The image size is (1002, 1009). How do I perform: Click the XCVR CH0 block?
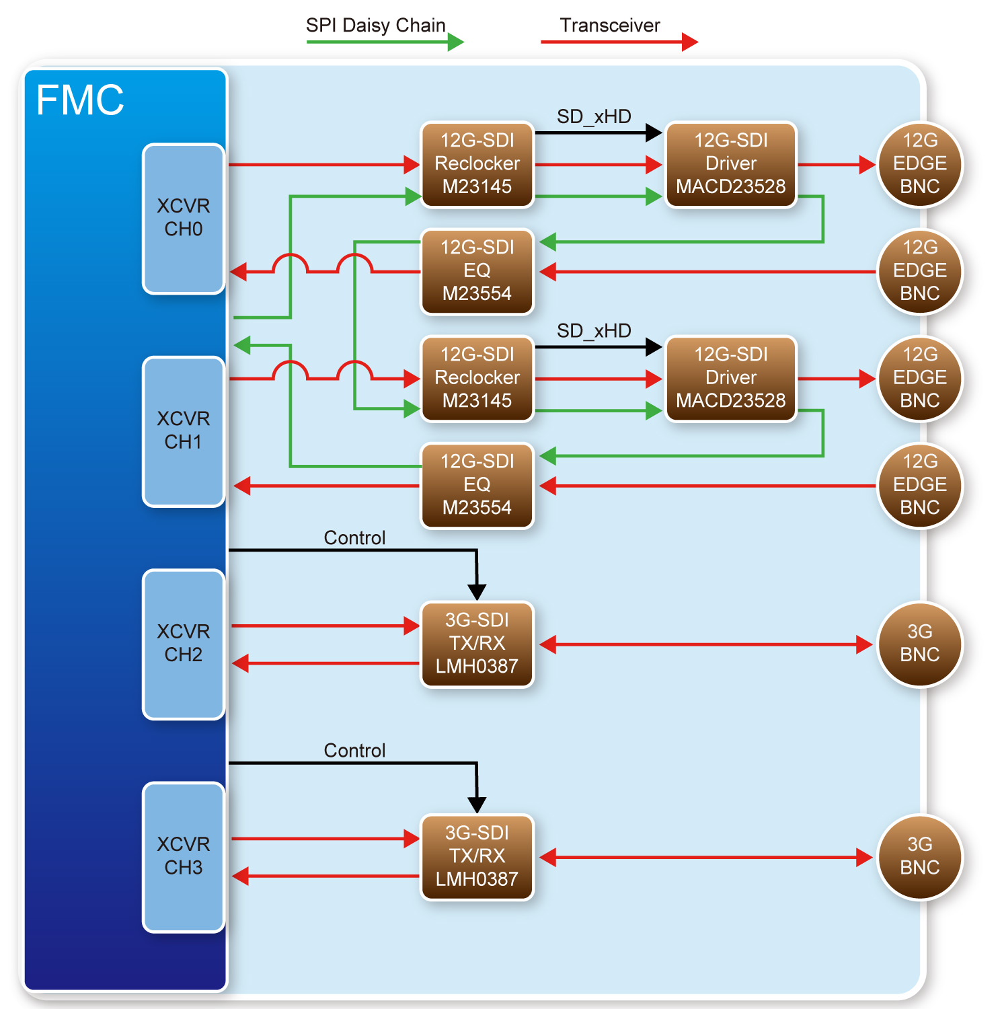(x=183, y=218)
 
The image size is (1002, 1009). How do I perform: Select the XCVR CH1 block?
(x=183, y=431)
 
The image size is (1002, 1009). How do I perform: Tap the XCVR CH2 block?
(x=183, y=644)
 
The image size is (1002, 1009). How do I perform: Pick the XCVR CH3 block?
(x=183, y=856)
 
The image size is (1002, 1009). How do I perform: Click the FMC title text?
(x=79, y=100)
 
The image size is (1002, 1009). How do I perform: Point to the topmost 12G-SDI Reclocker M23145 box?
(x=477, y=164)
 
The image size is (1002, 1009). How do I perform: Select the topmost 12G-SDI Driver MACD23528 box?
(x=730, y=164)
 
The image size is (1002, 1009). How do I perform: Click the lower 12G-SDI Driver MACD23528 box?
(x=730, y=378)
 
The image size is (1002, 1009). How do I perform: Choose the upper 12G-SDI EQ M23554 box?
(x=477, y=271)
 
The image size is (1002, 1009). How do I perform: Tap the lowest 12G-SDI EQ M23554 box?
(x=477, y=485)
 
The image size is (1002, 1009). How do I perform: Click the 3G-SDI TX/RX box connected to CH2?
(x=477, y=644)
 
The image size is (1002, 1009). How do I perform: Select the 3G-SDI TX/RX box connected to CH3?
(x=477, y=856)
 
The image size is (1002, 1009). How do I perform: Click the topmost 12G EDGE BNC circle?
(x=919, y=164)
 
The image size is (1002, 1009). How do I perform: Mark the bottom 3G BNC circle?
(x=919, y=856)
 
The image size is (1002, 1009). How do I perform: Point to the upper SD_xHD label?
(x=594, y=116)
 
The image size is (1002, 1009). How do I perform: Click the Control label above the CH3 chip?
(x=354, y=750)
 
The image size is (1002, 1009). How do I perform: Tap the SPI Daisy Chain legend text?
(x=375, y=26)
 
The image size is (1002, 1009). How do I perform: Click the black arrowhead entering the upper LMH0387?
(x=477, y=591)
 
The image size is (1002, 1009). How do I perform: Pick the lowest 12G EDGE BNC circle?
(x=919, y=485)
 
